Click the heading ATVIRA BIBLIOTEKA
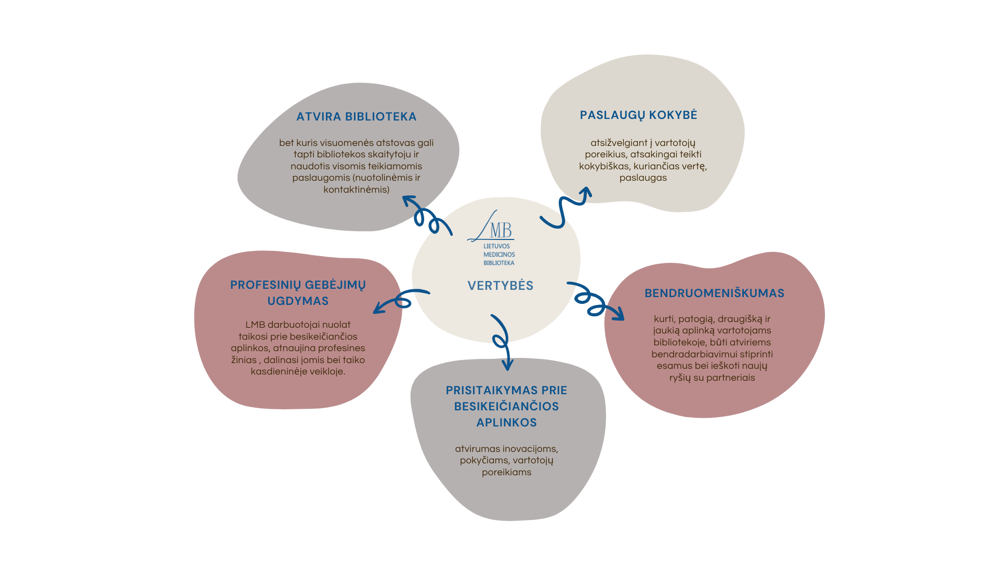point(357,117)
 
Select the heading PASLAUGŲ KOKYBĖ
point(638,115)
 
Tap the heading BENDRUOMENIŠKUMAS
point(714,293)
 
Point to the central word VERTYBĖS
point(500,286)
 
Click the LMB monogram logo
point(492,228)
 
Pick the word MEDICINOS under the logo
point(499,255)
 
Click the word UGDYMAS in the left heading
point(298,301)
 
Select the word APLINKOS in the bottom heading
point(506,423)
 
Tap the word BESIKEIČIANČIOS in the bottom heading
point(506,407)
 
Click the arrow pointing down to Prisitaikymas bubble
point(502,340)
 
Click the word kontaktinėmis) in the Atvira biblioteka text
point(356,190)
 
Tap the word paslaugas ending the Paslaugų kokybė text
point(643,178)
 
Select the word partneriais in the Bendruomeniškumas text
point(730,378)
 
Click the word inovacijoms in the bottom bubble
point(530,449)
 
